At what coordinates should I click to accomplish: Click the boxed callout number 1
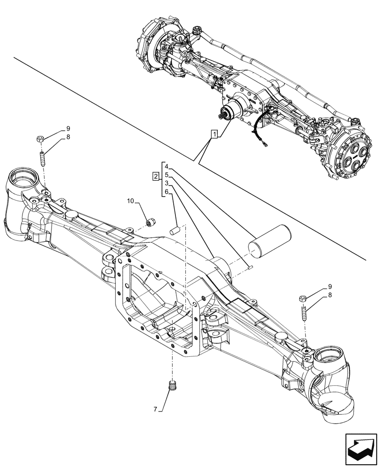[214, 135]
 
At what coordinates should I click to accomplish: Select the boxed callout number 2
[155, 176]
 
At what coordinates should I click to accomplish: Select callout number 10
[131, 201]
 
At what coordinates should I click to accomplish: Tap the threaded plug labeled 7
[173, 386]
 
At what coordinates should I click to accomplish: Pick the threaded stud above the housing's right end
[305, 311]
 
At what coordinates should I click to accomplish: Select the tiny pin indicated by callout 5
[251, 268]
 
